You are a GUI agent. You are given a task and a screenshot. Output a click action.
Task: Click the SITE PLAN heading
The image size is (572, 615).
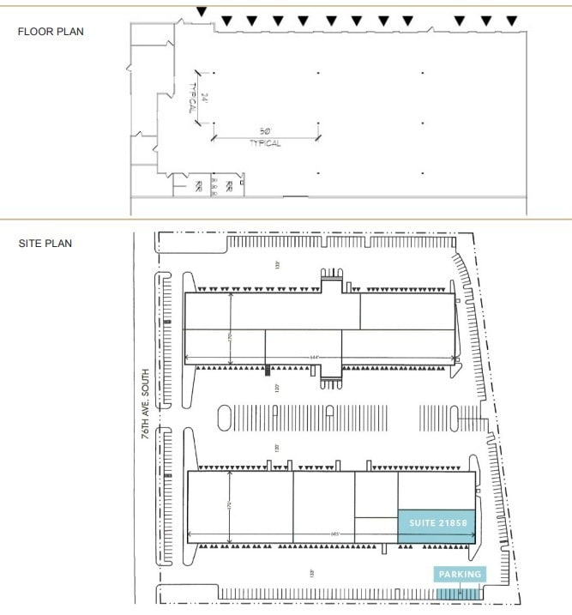pyautogui.click(x=45, y=244)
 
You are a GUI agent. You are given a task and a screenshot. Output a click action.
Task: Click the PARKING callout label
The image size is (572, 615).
pyautogui.click(x=461, y=574)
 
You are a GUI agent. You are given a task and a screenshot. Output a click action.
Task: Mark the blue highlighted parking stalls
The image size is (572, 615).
pyautogui.click(x=460, y=593)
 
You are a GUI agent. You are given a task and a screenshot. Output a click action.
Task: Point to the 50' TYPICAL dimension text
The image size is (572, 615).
pyautogui.click(x=265, y=137)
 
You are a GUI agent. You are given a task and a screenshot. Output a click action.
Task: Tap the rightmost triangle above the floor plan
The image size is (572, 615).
pyautogui.click(x=512, y=20)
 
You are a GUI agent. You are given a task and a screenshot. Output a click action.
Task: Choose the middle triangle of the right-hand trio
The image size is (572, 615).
pyautogui.click(x=486, y=20)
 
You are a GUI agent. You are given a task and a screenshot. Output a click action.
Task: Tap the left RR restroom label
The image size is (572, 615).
pyautogui.click(x=198, y=184)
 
